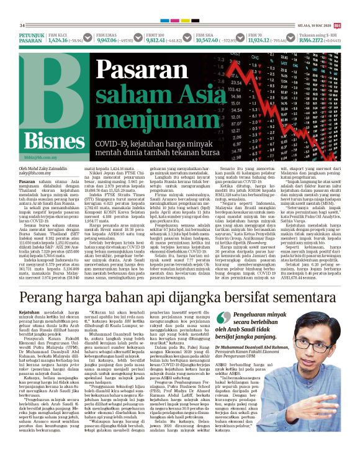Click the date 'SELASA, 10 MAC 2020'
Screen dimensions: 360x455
click(313, 25)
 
